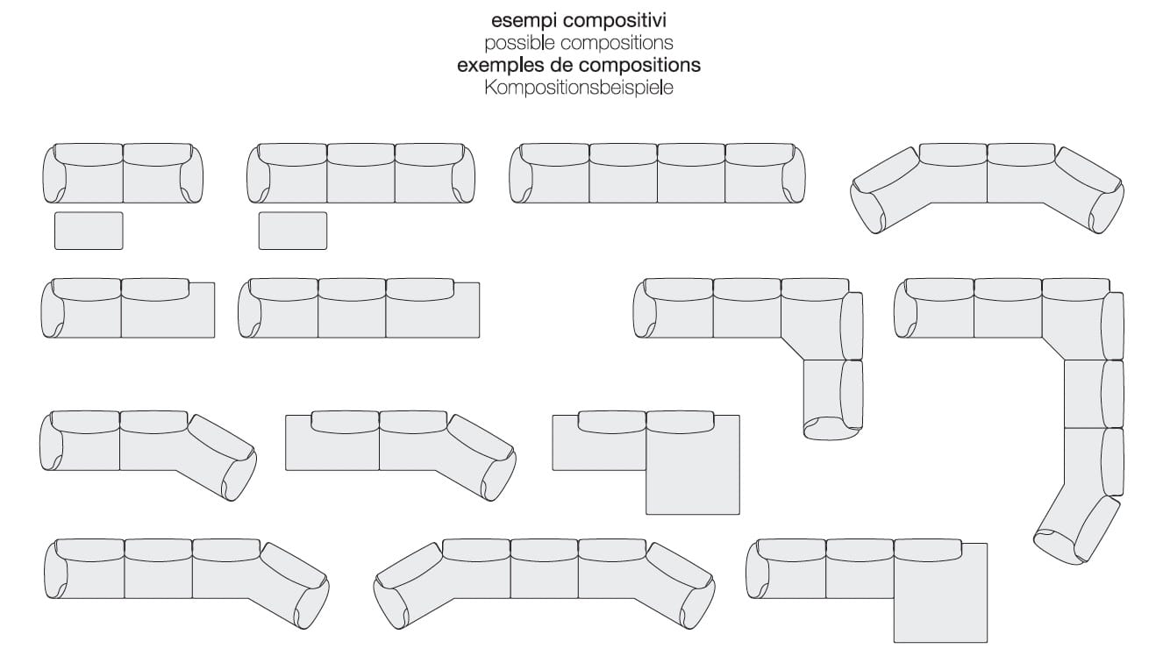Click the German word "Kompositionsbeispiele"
pyautogui.click(x=578, y=88)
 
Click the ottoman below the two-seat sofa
pyautogui.click(x=89, y=231)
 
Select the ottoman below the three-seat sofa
pyautogui.click(x=292, y=231)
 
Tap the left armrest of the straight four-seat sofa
pyautogui.click(x=521, y=176)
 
